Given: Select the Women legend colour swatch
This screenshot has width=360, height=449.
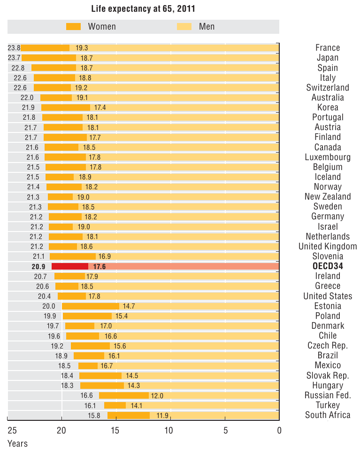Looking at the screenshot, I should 74,26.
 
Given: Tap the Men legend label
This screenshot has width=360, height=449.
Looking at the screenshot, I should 207,26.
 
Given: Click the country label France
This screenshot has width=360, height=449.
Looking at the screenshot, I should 328,47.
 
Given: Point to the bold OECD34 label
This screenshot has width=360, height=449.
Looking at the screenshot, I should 328,266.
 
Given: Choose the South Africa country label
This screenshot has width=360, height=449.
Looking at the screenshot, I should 328,415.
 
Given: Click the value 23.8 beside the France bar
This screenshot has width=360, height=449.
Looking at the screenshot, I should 14,48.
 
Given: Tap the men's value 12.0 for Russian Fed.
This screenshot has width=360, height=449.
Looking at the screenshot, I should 157,396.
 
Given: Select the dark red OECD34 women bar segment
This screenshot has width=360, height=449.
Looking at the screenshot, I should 70,266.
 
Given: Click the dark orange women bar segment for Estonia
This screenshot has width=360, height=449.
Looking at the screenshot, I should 91,306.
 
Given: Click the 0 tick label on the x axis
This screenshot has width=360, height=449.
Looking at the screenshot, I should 279,430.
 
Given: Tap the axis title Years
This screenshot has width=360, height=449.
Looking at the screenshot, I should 17,443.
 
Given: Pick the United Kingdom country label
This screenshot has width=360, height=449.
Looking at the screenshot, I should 328,247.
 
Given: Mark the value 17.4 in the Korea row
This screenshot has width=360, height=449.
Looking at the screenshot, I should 100,108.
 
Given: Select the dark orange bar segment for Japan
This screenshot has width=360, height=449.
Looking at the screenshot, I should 49,58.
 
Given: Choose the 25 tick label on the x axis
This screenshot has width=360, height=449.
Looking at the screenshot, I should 12,430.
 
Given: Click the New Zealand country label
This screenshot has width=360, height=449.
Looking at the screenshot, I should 328,197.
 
